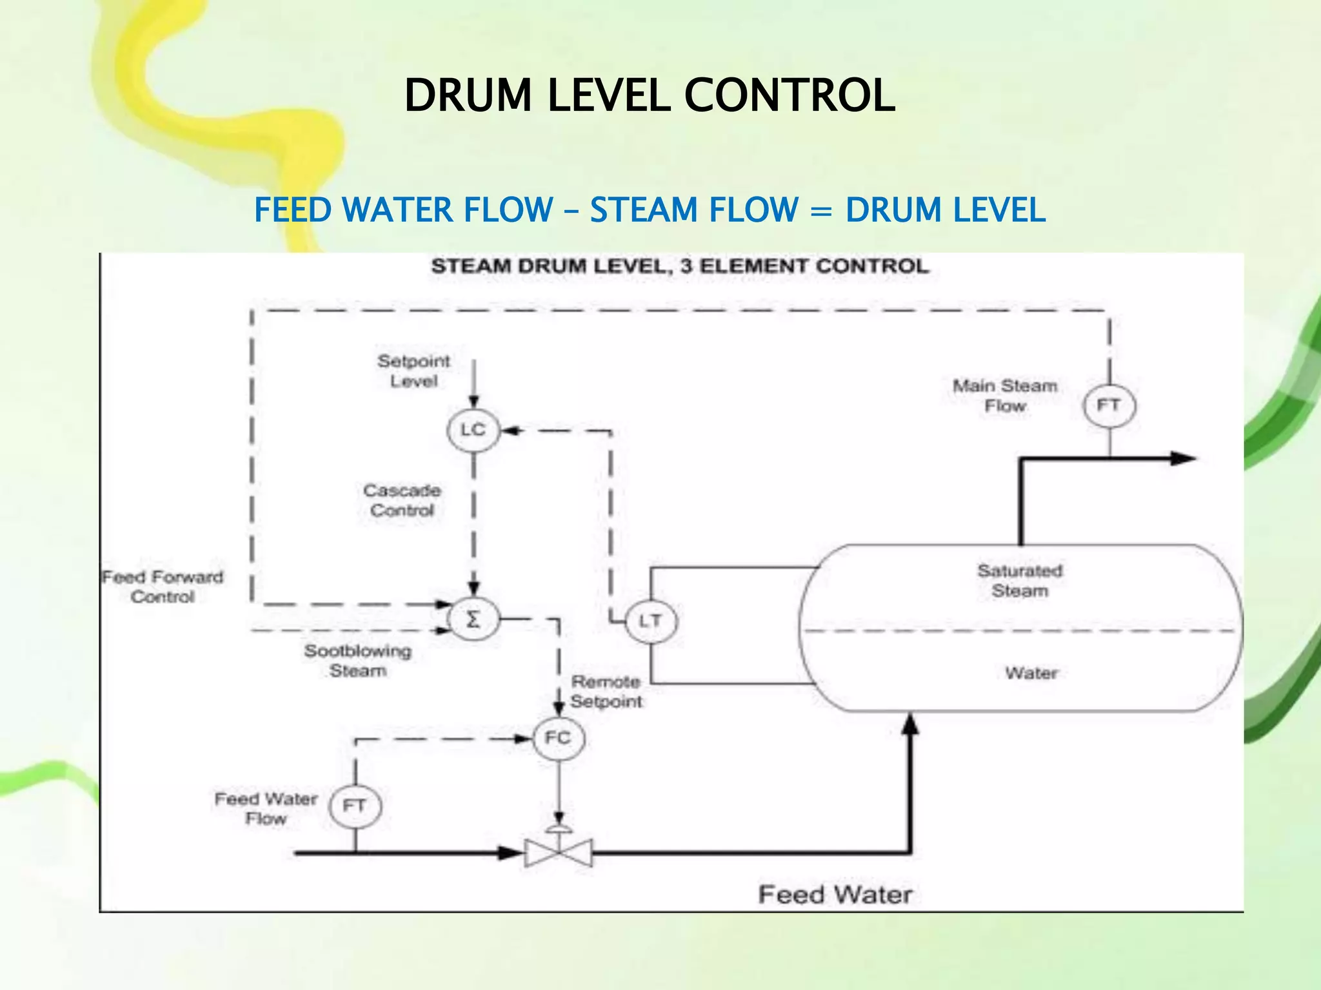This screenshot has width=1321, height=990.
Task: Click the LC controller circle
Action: point(473,430)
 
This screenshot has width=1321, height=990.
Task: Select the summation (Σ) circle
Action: point(473,620)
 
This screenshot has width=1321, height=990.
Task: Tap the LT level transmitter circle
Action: point(650,621)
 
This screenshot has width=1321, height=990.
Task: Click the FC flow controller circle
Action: point(559,738)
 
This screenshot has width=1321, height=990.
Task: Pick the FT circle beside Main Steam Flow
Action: point(1109,405)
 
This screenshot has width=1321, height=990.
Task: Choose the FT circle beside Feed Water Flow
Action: point(355,806)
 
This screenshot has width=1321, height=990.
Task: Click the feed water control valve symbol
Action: point(559,852)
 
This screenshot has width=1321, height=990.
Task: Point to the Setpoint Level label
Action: point(413,371)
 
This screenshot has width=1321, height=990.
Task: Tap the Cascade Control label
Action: point(402,501)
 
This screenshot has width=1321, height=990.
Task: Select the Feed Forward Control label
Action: point(163,587)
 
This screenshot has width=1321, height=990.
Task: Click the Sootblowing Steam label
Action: point(358,661)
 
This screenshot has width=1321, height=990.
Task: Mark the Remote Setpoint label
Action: point(606,692)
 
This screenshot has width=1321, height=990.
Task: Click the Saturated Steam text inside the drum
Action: point(1020,581)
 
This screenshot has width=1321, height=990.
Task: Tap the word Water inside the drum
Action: point(1031,673)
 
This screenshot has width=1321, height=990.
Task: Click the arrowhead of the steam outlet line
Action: point(1184,459)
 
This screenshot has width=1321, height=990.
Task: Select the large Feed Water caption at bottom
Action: point(835,895)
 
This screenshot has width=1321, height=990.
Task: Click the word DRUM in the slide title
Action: point(467,95)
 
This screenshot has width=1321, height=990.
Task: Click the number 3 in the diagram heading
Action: point(686,266)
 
